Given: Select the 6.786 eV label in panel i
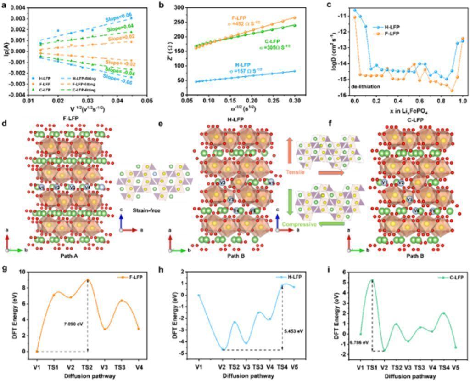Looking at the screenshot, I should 360,342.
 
